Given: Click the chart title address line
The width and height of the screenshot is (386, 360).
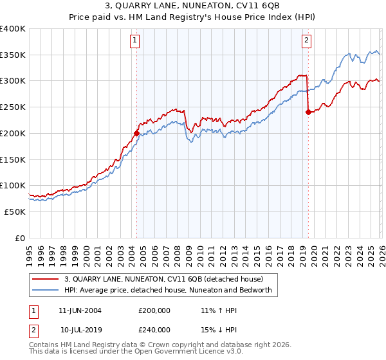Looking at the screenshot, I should [x=193, y=7].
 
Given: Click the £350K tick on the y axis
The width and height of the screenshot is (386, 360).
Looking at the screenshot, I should [x=13, y=55].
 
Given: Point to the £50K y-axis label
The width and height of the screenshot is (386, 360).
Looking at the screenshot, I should [x=15, y=212].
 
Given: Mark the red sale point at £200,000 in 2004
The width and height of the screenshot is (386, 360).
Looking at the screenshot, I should [x=136, y=133].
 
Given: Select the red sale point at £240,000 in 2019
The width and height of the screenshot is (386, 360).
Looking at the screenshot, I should [x=308, y=112].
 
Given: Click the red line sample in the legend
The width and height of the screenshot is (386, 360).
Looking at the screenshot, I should [x=47, y=280].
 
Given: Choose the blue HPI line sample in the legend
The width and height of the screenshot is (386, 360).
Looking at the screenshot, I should [x=47, y=291].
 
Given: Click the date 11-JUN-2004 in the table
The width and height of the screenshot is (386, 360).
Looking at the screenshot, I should [x=80, y=310].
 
